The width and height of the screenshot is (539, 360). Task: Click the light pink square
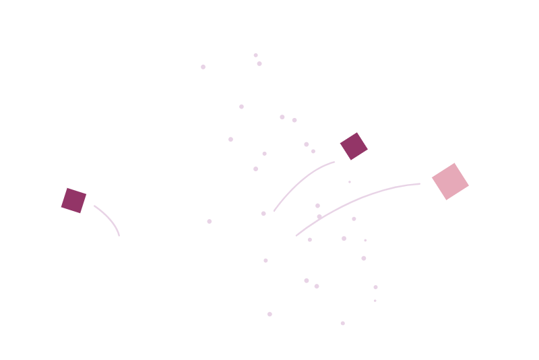coord(450,181)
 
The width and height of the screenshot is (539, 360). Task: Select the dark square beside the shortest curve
coord(74,200)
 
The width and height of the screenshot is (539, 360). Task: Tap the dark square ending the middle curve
coord(354,146)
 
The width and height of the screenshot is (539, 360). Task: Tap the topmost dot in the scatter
coord(255,55)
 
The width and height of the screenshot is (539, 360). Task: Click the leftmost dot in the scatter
coord(203,67)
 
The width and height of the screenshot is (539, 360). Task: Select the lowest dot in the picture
coord(342,323)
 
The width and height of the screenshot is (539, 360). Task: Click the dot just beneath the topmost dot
coord(259,63)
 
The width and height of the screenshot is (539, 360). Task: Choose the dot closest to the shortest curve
coord(209,221)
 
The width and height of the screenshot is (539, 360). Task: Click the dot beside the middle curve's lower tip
coord(263,213)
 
